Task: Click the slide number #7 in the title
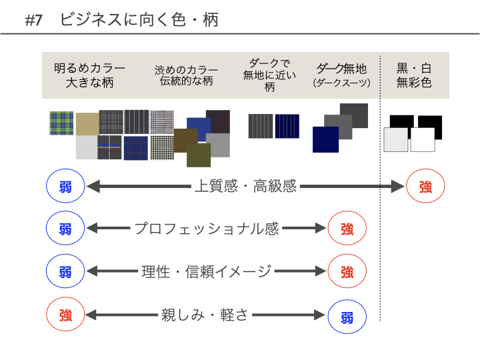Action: [x=34, y=21]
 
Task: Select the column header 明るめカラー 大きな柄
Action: [x=90, y=75]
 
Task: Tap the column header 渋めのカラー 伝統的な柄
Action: [x=186, y=75]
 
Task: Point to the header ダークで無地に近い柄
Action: [x=269, y=75]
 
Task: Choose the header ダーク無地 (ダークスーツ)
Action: [x=341, y=75]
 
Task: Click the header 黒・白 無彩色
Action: [x=414, y=75]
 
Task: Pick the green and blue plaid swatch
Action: [x=61, y=123]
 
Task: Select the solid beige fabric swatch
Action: [x=87, y=124]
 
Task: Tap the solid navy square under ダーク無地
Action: [x=326, y=139]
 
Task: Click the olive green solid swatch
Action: [x=199, y=155]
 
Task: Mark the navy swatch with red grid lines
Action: [x=136, y=148]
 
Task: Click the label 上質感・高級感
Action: [x=245, y=186]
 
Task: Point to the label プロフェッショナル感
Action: [x=206, y=229]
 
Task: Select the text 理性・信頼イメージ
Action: [x=206, y=271]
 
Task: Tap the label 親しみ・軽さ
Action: [x=205, y=315]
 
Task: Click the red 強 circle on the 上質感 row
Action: [x=425, y=186]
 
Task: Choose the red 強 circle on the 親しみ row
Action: [x=65, y=315]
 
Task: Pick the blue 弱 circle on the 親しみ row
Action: [x=347, y=317]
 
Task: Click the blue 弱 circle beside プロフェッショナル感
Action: [x=65, y=229]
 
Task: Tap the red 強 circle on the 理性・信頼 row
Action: [x=347, y=271]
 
